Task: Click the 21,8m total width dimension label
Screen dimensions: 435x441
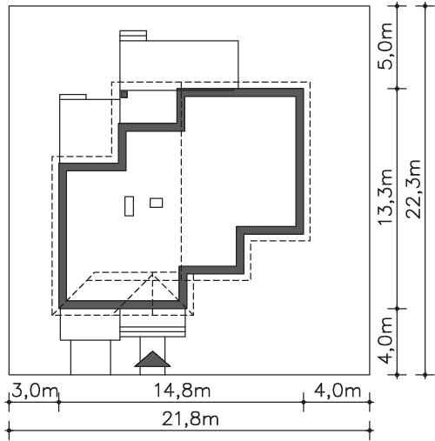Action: [x=190, y=419]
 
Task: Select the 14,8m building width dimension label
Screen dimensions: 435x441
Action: [x=182, y=391]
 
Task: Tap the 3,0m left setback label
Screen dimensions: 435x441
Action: [x=34, y=391]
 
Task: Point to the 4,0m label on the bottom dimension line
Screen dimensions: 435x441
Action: [x=338, y=391]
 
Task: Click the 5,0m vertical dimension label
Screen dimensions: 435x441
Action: [x=385, y=46]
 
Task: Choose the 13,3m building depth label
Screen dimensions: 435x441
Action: [x=385, y=197]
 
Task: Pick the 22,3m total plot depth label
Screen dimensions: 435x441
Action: [x=413, y=189]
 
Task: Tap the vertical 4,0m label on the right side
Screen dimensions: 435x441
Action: [x=385, y=340]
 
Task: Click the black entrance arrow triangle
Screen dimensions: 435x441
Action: [x=152, y=359]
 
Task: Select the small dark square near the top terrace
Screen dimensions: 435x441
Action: [x=124, y=95]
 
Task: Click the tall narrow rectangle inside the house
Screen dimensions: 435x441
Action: [x=129, y=206]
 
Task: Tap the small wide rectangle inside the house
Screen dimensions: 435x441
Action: [x=157, y=203]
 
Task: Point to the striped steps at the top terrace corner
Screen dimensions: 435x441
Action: [x=133, y=36]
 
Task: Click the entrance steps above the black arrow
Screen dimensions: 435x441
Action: [x=152, y=331]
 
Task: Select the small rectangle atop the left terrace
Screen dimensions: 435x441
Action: [x=73, y=97]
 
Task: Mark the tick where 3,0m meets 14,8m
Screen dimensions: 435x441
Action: [x=59, y=402]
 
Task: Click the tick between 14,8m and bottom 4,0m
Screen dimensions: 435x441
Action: [x=304, y=402]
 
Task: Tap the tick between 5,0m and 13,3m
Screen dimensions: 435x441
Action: [x=397, y=89]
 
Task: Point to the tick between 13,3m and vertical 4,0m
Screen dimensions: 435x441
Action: [x=397, y=309]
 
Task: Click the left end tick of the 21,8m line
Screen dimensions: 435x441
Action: [x=9, y=431]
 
